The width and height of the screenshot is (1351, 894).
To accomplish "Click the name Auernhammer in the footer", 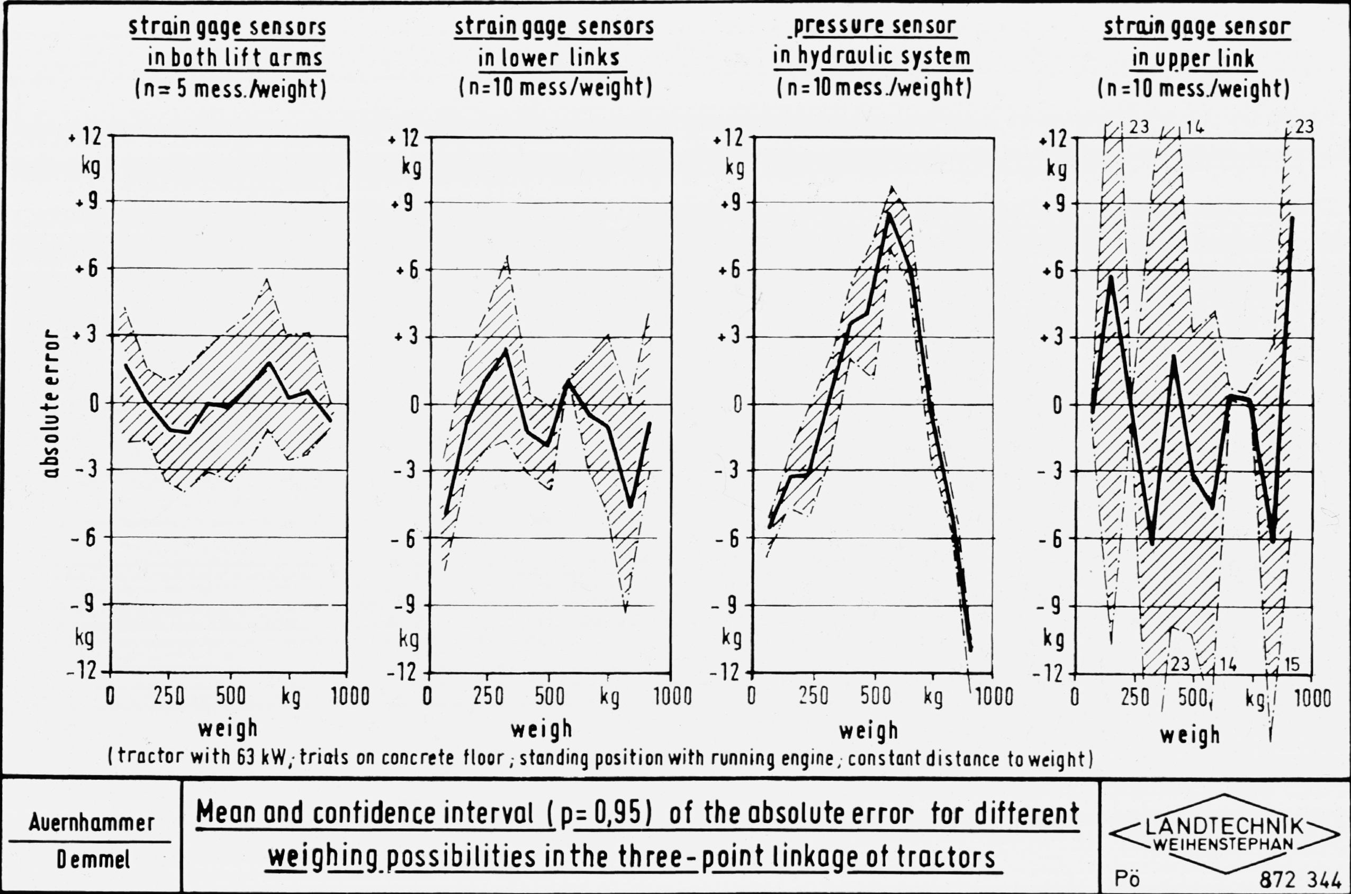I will tap(91, 822).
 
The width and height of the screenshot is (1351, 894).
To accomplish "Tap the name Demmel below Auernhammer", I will tap(93, 860).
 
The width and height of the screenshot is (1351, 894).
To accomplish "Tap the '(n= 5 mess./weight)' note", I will tap(230, 89).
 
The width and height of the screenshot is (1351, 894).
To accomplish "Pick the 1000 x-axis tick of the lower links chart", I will tap(672, 697).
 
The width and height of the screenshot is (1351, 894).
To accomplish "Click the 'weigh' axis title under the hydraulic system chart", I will tap(869, 731).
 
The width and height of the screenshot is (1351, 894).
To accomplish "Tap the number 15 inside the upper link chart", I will tap(1292, 664).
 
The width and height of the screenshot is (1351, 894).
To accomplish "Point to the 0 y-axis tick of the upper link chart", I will tap(1058, 405).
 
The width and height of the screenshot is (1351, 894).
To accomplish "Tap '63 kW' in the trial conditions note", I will tap(260, 757).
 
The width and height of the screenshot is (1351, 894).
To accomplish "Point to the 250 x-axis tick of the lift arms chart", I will tap(168, 697).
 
